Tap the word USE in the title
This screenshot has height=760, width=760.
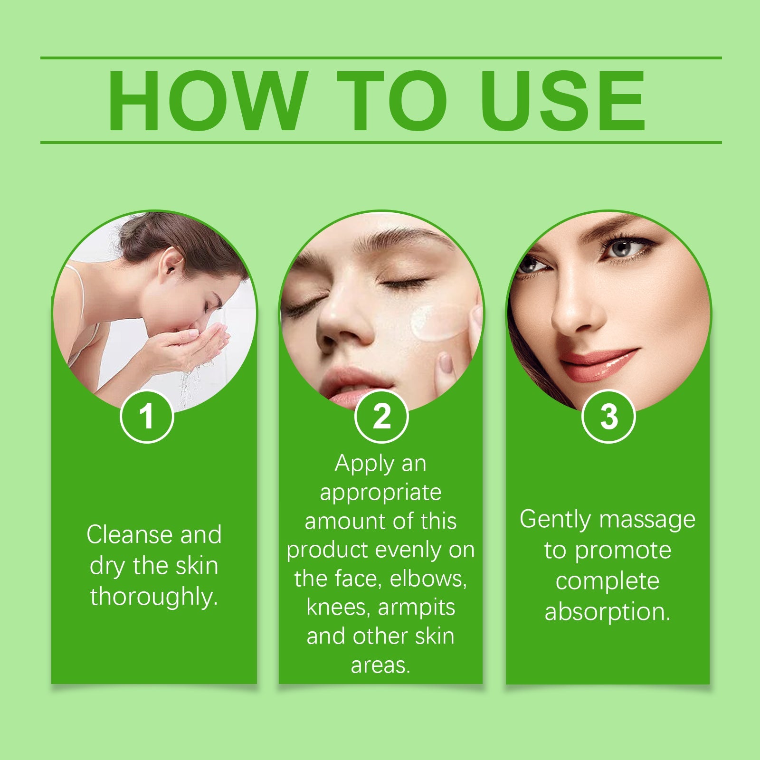563,100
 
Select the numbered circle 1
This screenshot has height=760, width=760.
147,416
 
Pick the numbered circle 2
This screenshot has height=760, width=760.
381,416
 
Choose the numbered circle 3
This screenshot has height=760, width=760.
608,416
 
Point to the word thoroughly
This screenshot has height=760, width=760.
154,597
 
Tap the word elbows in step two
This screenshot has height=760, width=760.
428,579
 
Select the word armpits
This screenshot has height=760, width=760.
417,608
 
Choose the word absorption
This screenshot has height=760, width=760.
608,612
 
